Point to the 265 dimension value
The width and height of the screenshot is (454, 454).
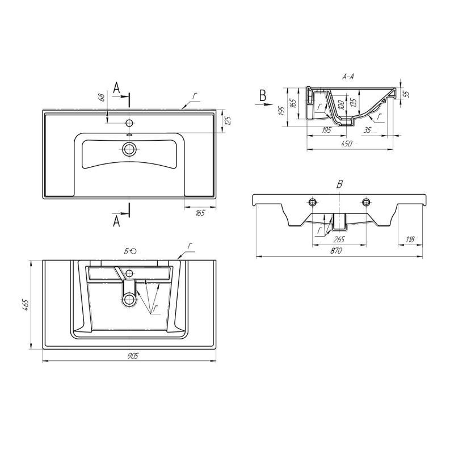click(x=339, y=239)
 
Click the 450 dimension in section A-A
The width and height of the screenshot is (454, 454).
click(x=347, y=144)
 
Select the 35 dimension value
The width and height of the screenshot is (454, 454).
click(x=368, y=131)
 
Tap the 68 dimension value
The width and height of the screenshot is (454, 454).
click(x=102, y=98)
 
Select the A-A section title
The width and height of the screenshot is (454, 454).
click(x=348, y=77)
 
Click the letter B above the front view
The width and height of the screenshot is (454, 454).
click(x=339, y=183)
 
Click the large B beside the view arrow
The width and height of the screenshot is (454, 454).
click(x=262, y=95)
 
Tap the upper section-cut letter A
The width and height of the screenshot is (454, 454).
click(x=116, y=87)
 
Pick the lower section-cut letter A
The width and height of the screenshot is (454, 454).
click(x=116, y=221)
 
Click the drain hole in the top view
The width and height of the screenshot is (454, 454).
click(x=129, y=149)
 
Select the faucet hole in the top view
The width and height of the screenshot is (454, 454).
click(x=129, y=123)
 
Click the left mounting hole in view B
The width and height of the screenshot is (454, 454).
click(x=312, y=202)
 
